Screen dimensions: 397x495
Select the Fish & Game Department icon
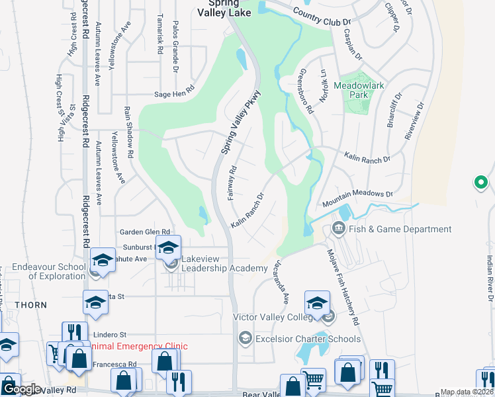[x=339, y=229]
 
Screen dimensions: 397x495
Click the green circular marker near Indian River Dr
[x=481, y=182]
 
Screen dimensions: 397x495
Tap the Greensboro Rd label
[x=306, y=91]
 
